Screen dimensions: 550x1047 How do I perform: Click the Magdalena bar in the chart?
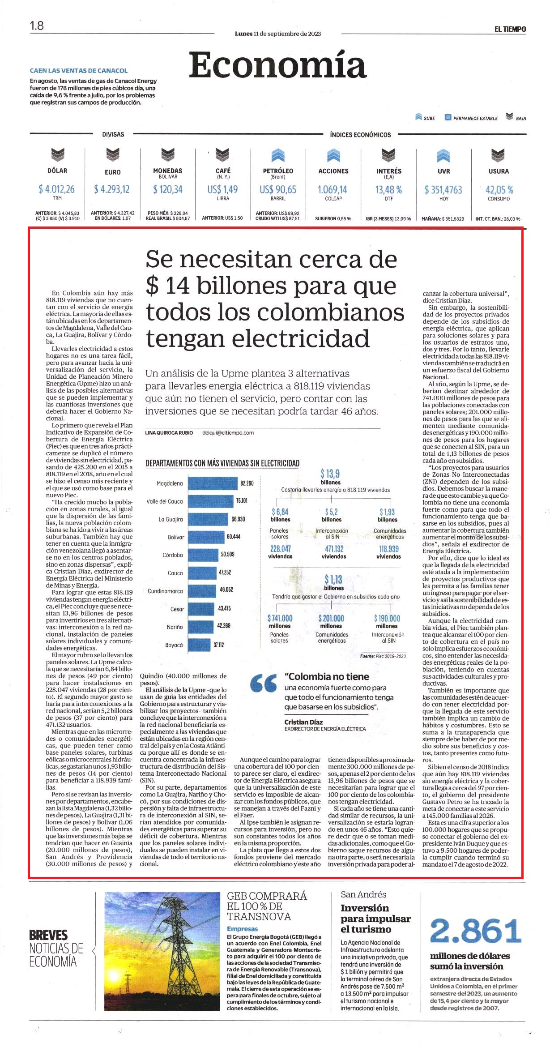(x=213, y=483)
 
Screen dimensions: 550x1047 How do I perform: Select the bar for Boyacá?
(x=199, y=645)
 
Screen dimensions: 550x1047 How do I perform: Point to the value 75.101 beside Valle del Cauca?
(x=242, y=500)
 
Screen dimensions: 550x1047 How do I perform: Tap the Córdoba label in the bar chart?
(x=173, y=555)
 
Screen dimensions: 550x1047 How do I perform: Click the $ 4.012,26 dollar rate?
(x=57, y=189)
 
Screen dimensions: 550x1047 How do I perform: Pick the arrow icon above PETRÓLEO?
(x=278, y=155)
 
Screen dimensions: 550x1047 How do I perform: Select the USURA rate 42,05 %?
(x=499, y=190)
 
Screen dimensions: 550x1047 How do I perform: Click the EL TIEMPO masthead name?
(x=510, y=29)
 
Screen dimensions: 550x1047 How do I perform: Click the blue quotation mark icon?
(x=264, y=683)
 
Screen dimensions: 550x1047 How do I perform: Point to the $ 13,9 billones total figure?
(x=330, y=476)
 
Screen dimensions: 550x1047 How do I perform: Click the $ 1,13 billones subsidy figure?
(x=333, y=582)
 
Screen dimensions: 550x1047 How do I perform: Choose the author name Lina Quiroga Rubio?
(x=169, y=432)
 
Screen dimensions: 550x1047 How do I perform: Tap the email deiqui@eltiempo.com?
(x=228, y=432)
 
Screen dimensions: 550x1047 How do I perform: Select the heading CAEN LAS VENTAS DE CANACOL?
(x=79, y=71)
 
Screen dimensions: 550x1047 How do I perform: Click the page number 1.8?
(x=37, y=26)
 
